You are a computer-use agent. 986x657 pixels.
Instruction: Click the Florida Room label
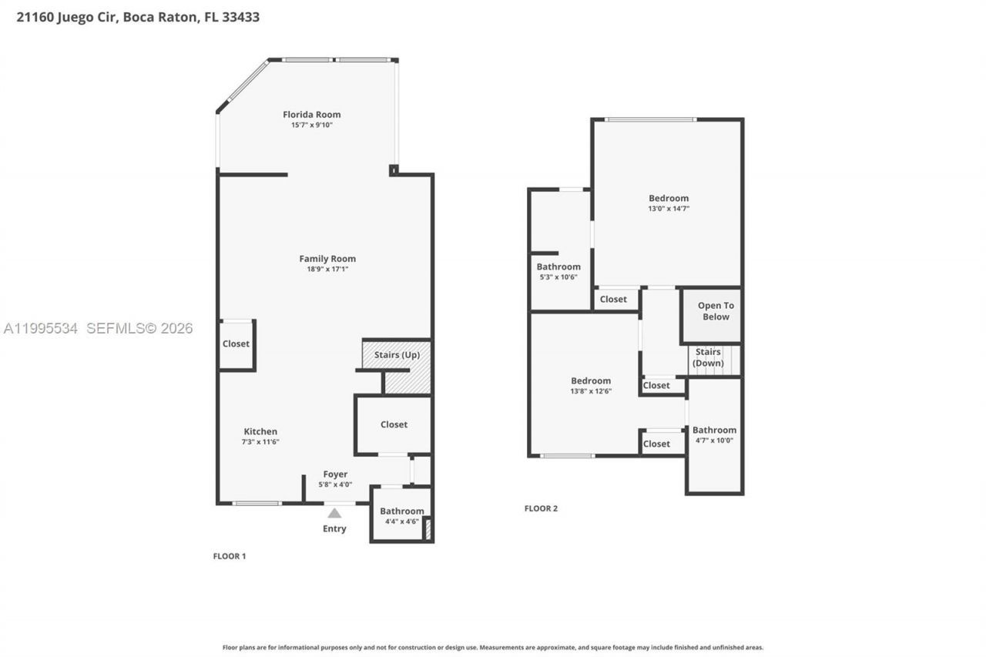point(311,115)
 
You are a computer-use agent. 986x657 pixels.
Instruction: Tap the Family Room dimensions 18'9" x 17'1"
point(327,269)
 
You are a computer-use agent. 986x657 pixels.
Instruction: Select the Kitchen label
point(260,431)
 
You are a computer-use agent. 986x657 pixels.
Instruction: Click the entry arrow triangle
point(334,513)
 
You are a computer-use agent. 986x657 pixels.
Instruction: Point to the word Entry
point(334,529)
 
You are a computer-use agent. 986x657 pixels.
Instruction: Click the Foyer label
point(335,474)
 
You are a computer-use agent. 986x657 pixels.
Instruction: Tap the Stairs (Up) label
point(397,355)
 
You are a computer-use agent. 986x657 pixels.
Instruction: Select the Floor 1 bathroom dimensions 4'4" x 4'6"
point(401,521)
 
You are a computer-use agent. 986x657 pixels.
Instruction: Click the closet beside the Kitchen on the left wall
point(236,344)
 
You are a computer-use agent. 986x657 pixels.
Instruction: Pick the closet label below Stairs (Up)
point(394,424)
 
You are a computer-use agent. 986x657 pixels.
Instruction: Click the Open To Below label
point(716,311)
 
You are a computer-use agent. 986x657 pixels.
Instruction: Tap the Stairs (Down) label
point(708,357)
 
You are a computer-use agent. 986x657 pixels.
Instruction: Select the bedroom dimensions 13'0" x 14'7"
point(668,208)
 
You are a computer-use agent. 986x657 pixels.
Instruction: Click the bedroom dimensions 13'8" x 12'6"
point(591,391)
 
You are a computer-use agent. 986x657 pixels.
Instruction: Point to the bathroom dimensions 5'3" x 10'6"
point(558,277)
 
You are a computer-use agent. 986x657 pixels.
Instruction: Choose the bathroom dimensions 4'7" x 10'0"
point(714,441)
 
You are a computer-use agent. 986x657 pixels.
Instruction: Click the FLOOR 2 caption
point(541,508)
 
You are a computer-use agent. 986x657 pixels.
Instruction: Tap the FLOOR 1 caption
point(229,556)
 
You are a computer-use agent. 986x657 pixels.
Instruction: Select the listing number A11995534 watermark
point(40,329)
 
